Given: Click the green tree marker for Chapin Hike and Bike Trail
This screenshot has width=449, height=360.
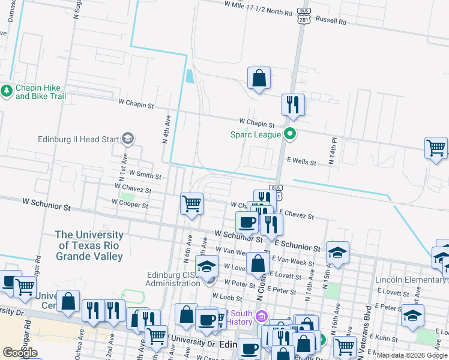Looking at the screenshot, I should tap(7, 91).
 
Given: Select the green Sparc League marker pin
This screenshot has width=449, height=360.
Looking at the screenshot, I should tap(290, 134).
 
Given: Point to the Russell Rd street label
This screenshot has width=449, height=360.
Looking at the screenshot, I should tap(331, 21).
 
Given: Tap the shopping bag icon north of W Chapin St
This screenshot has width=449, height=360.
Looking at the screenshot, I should tap(259, 78).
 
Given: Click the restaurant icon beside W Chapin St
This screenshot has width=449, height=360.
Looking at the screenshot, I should tap(293, 104).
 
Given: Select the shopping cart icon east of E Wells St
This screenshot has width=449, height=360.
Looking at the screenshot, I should tap(436, 148).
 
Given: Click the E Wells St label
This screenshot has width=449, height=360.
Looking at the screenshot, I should tap(301, 161).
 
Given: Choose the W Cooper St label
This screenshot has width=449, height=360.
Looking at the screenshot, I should tap(130, 205).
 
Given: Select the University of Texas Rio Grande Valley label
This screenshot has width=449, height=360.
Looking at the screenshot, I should tap(89, 246).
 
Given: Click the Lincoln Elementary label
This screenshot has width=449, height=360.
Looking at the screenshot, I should tap(411, 280).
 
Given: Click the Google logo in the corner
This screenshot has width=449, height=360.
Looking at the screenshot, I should tap(20, 352).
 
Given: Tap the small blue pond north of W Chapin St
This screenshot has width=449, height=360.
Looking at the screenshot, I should tap(190, 76).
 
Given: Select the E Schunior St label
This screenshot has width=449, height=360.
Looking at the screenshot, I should tap(298, 247).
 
